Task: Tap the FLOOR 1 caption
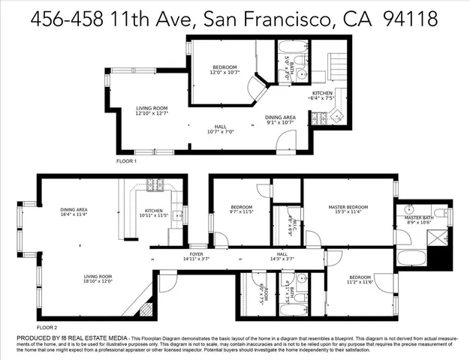point(125,161)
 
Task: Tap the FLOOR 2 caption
point(47,328)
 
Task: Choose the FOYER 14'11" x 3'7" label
point(196,256)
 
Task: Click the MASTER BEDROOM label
point(348,208)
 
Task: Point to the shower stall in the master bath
point(440,240)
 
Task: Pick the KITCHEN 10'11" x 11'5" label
point(154,213)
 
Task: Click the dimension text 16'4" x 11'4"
point(74,214)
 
